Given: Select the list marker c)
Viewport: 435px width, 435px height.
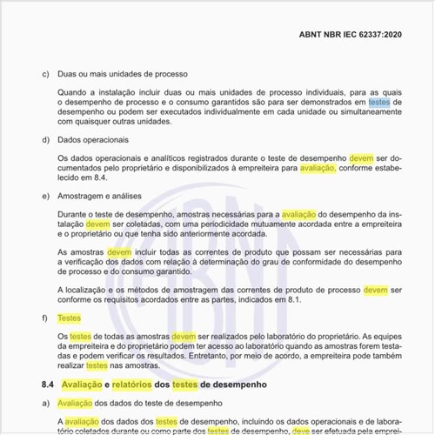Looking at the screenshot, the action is point(44,73).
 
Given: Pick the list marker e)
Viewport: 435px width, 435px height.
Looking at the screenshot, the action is point(44,197).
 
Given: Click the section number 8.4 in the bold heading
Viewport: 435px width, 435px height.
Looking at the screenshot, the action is point(48,384).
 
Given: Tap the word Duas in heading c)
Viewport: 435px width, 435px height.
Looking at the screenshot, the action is point(67,73).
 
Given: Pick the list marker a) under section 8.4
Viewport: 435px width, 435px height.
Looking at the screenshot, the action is point(44,404).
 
